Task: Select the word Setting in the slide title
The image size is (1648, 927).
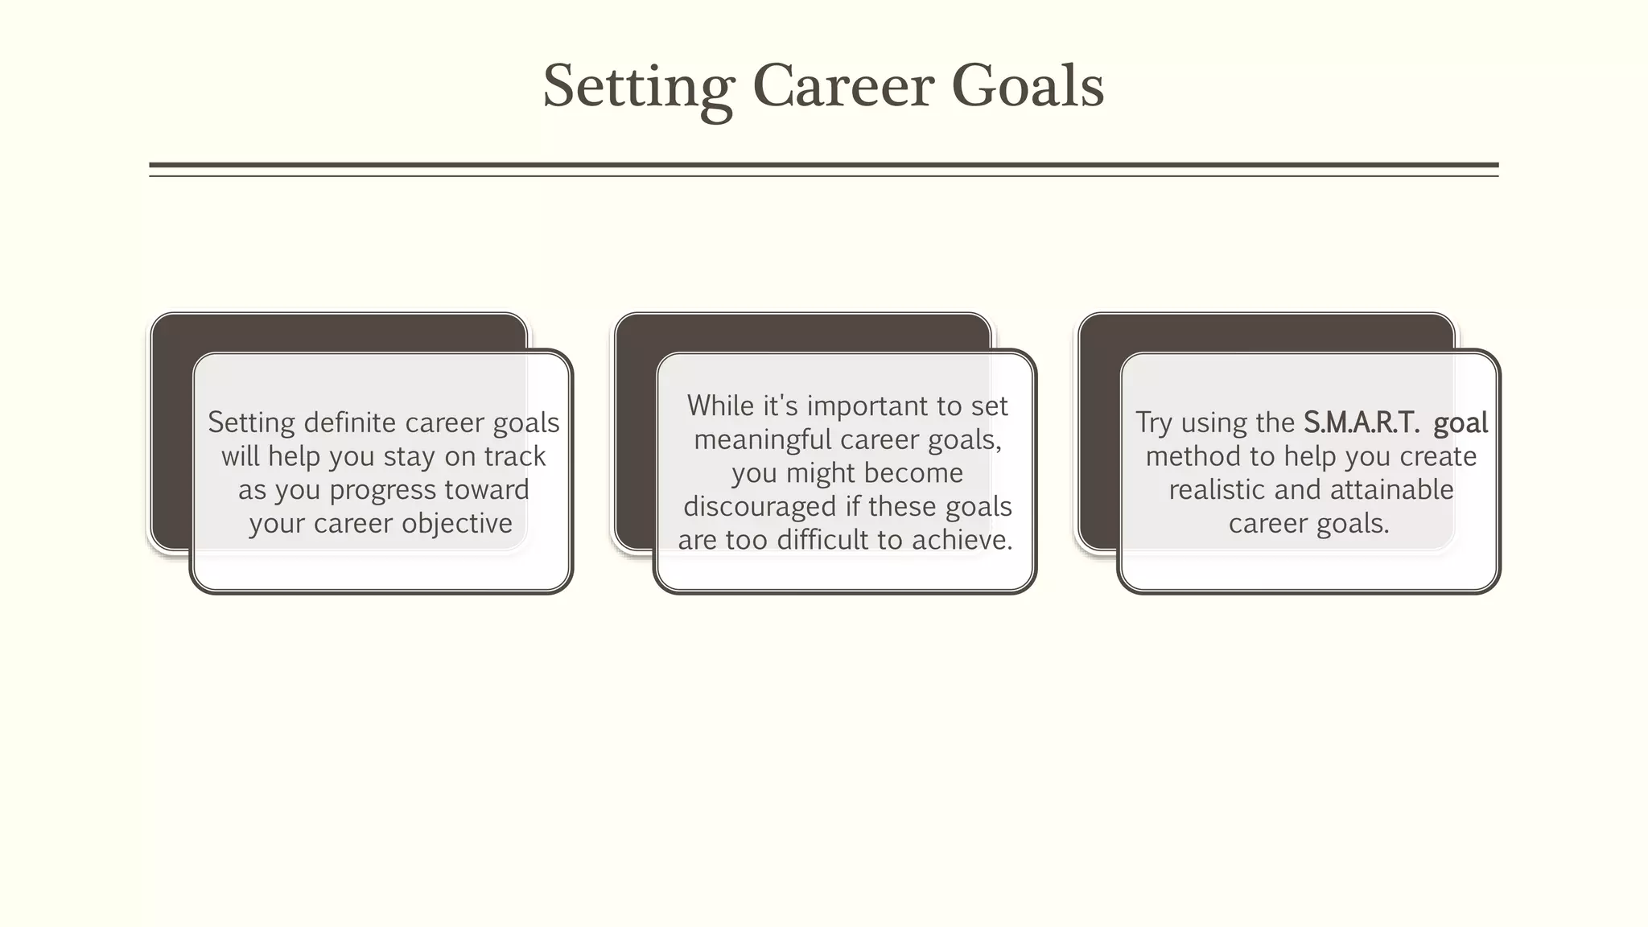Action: click(638, 87)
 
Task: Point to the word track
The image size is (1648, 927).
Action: click(515, 456)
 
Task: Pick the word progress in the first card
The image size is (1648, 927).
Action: click(378, 491)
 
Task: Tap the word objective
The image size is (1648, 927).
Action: click(457, 524)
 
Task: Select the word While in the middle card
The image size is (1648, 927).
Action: click(720, 406)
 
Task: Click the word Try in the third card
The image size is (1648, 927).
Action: click(1153, 423)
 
